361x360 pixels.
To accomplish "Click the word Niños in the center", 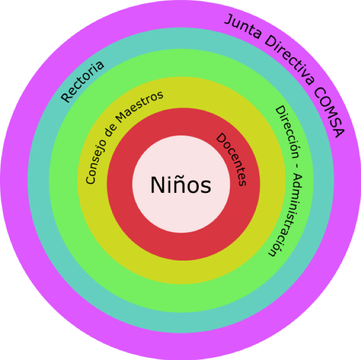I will [180, 185].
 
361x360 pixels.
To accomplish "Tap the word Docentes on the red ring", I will [232, 159].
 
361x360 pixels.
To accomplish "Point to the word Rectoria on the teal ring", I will [82, 82].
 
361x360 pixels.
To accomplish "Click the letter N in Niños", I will [157, 185].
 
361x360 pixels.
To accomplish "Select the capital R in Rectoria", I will [66, 97].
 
